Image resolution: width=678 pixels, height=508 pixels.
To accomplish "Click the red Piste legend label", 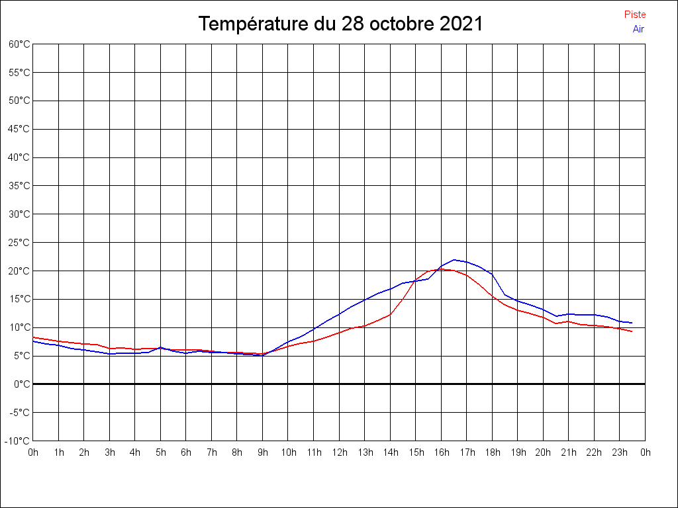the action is [635, 15].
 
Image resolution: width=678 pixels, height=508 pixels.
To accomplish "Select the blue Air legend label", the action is [638, 29].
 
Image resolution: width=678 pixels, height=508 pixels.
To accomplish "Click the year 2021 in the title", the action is [461, 23].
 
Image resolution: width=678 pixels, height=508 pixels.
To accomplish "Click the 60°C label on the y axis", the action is [19, 44].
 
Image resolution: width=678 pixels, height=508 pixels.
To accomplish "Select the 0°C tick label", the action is [22, 384].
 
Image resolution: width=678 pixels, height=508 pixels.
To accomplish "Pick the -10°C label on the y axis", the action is [17, 441].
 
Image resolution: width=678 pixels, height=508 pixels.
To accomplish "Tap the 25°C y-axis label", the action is [19, 242].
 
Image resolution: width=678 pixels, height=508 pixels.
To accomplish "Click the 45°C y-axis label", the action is [19, 129].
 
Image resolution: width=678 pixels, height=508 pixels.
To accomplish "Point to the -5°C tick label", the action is [19, 413].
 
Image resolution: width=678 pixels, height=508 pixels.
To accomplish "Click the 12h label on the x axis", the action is [340, 452].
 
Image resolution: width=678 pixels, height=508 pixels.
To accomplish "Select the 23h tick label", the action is [620, 452].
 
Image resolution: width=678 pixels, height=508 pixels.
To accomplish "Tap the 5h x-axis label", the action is [161, 452].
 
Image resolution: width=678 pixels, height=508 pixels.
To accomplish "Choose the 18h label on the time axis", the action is [493, 452].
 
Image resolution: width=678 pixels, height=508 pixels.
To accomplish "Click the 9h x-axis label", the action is [263, 452].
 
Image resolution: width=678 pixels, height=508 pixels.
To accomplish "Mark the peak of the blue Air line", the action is [454, 259].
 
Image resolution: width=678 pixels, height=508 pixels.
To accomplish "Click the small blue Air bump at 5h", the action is [160, 347].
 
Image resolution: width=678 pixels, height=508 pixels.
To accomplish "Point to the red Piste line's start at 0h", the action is [33, 337].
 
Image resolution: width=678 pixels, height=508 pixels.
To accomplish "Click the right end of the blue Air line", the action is [632, 323].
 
